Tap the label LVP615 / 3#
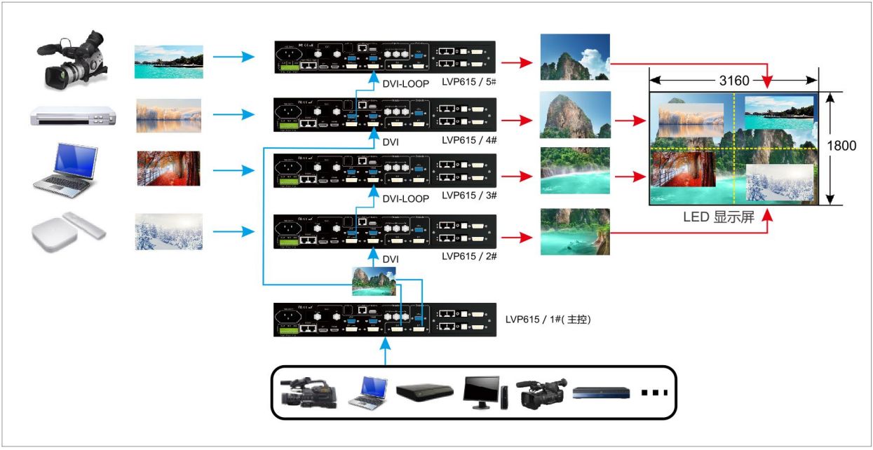[470, 198]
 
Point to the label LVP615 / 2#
[470, 257]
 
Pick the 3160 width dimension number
[733, 80]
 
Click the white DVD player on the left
[72, 116]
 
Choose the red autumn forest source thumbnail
[168, 168]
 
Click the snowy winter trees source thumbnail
[168, 232]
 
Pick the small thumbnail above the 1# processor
[373, 281]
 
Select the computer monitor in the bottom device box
[482, 393]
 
